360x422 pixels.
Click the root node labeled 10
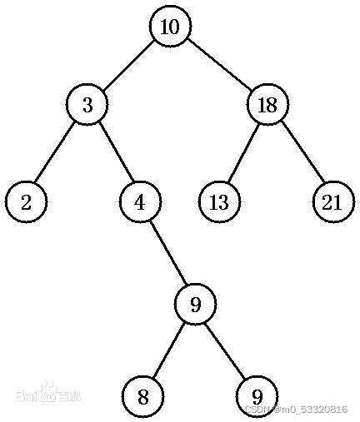tap(169, 27)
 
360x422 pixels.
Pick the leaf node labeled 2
tap(26, 202)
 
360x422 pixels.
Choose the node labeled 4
tap(140, 202)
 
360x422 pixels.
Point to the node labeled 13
tap(219, 202)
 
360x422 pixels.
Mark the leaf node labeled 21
tap(333, 202)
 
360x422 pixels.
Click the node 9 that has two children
tap(195, 305)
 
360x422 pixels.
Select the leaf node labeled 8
tap(143, 397)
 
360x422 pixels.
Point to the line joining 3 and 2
tap(57, 153)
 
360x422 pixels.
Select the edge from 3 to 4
tap(114, 153)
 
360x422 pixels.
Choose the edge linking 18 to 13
tap(243, 153)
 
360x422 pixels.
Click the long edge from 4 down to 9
tap(167, 254)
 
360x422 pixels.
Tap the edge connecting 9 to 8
tap(169, 350)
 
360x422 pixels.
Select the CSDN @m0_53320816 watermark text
tap(296, 410)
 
